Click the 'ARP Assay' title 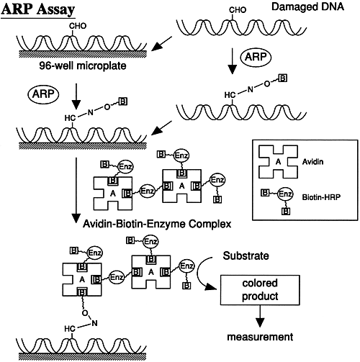pos(38,9)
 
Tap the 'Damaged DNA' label pos(307,6)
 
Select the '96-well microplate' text pos(83,65)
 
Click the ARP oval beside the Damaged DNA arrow pos(256,57)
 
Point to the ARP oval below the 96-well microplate pos(43,94)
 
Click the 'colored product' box pos(260,290)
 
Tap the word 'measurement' pos(260,337)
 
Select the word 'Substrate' pos(246,255)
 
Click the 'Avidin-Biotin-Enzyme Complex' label pos(157,224)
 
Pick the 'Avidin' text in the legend pos(312,162)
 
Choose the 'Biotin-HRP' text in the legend pos(321,197)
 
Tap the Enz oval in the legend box pos(285,194)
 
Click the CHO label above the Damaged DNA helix pos(238,10)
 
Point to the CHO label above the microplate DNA pos(78,26)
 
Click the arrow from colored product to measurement pos(260,316)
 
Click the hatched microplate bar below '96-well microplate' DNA pos(83,54)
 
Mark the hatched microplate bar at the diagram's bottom pos(82,356)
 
